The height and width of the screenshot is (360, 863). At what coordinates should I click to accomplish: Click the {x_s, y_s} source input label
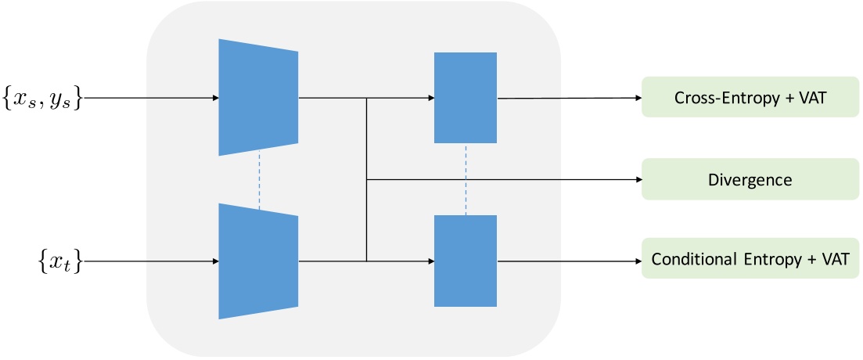point(41,99)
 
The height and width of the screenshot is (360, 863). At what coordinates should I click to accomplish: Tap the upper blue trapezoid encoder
point(258,97)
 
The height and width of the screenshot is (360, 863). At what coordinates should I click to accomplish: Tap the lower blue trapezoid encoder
point(258,261)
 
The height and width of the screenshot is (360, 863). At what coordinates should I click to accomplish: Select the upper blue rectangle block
point(466,98)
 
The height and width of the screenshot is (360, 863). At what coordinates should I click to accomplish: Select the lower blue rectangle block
point(466,261)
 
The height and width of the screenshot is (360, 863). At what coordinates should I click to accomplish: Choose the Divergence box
point(750,179)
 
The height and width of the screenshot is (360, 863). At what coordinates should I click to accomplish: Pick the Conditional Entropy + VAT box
point(750,259)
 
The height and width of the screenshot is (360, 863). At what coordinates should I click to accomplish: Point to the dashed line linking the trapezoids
point(257,178)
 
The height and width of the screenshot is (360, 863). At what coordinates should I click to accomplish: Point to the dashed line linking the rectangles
point(466,179)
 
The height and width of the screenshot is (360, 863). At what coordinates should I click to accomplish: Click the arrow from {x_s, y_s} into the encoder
point(149,99)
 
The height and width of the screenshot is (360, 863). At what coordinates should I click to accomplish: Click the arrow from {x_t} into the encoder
point(149,261)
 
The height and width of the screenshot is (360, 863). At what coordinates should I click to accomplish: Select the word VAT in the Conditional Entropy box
point(831,260)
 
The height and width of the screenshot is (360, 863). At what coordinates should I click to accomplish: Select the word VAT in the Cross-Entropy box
point(810,98)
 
